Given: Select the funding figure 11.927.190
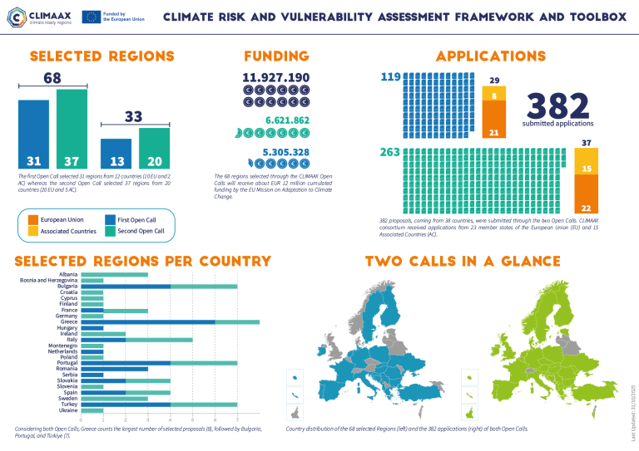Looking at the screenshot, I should tap(276, 77).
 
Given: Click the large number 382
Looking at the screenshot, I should tap(557, 105).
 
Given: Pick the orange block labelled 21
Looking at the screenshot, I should tap(493, 122).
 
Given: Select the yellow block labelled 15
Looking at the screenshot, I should tap(586, 169).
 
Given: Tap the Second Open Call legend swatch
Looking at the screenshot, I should tap(111, 231).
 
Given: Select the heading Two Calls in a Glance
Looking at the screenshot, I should tap(463, 262).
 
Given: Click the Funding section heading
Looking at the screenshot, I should tap(276, 56).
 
